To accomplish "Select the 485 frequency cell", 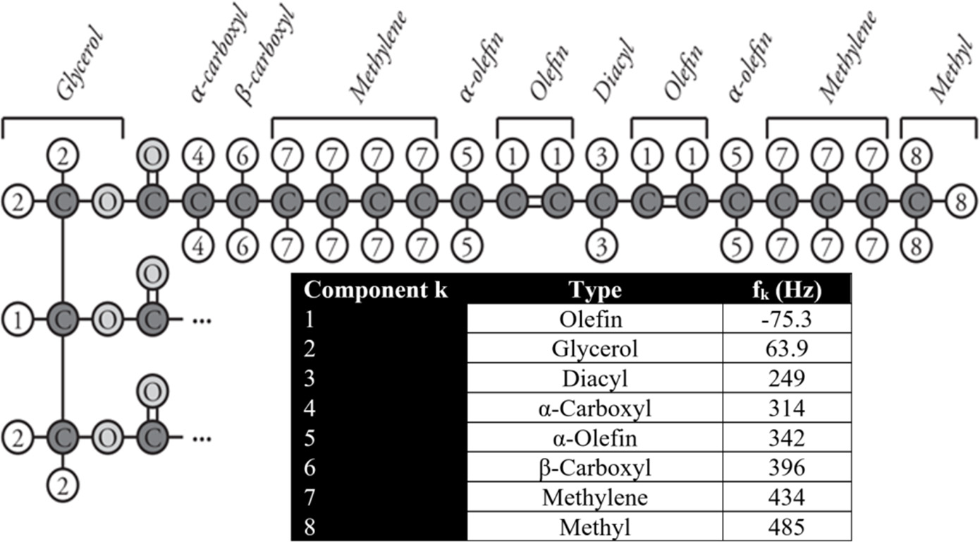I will click(x=787, y=527).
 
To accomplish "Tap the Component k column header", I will click(x=376, y=289).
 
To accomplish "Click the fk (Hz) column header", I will click(x=787, y=289).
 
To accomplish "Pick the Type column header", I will click(x=595, y=289).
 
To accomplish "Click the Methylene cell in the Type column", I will click(x=595, y=498).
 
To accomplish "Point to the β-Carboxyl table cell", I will click(x=595, y=468).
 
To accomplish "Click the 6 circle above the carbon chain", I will click(x=241, y=156).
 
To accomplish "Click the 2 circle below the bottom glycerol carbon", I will click(x=63, y=485).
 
